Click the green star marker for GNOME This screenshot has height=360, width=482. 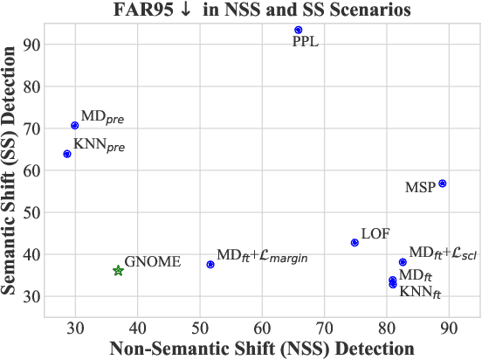(119, 271)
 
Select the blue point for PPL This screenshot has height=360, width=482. (299, 30)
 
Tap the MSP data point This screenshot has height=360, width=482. (443, 183)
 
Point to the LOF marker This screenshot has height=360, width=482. (355, 243)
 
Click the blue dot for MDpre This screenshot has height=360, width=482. (75, 126)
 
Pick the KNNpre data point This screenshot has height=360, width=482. (67, 154)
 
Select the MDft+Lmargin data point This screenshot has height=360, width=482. (210, 265)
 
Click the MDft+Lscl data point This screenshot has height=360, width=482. (403, 262)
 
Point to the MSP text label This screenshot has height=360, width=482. (420, 188)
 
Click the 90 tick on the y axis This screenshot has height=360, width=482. (33, 44)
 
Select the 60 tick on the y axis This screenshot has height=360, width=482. (33, 170)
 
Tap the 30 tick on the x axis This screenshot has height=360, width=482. (75, 328)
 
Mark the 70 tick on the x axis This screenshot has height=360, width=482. (324, 328)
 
